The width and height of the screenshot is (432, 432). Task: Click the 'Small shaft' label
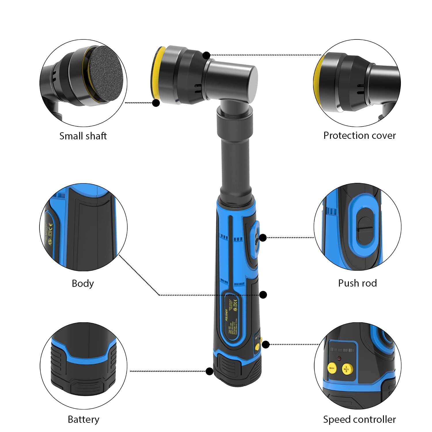83,136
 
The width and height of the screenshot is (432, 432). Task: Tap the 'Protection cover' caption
359,135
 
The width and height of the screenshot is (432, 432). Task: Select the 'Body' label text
83,283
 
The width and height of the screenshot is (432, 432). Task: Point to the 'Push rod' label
357,283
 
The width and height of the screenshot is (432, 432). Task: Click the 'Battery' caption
83,419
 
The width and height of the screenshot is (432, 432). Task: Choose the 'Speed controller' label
359,419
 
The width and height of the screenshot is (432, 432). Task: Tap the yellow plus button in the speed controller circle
346,369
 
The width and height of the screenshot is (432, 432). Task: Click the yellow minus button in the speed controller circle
332,368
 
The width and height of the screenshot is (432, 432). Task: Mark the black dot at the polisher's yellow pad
156,103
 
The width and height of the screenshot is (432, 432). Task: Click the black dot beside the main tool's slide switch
263,238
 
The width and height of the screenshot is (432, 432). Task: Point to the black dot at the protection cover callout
206,55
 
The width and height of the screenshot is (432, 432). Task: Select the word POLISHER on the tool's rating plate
227,315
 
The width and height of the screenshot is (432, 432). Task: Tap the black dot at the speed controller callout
266,344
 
